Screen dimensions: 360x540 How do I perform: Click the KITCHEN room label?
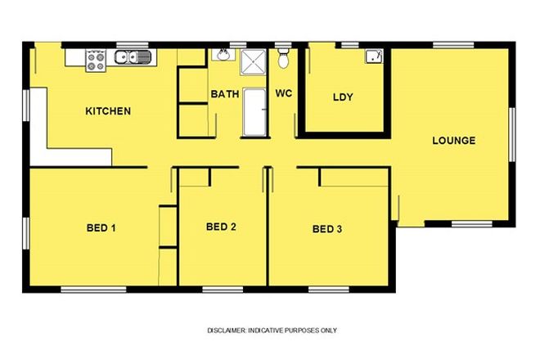[108, 111]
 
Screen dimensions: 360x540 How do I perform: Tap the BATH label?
[225, 94]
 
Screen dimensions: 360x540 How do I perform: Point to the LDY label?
[343, 97]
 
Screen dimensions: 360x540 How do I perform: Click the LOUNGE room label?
[453, 141]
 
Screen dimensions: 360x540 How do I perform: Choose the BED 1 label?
[101, 227]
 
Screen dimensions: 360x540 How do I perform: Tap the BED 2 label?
[221, 227]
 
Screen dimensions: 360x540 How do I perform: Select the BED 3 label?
[327, 229]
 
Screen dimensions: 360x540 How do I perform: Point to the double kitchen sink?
[133, 57]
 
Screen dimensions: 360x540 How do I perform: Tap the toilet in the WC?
[283, 58]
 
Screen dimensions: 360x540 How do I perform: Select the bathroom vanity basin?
[222, 56]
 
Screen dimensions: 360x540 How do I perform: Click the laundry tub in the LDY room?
[374, 56]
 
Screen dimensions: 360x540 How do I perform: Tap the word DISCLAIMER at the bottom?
[225, 331]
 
